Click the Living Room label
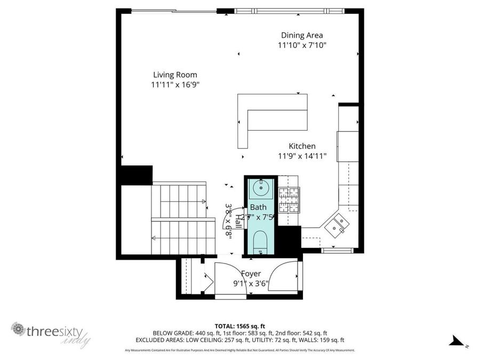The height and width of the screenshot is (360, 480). (x=175, y=75)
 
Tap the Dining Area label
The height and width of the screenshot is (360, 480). (x=302, y=36)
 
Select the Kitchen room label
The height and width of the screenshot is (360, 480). (x=302, y=146)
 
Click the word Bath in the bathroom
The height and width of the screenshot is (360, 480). (x=258, y=207)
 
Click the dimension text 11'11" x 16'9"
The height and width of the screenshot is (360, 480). (x=175, y=85)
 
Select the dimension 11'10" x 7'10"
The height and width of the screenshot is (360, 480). (x=302, y=46)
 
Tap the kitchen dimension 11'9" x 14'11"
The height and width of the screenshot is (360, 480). (x=302, y=156)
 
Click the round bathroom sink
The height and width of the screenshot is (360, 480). (x=261, y=187)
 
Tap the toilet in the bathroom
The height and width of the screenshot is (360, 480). (x=260, y=241)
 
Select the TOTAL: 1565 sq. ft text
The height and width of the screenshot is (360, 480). (x=239, y=325)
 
